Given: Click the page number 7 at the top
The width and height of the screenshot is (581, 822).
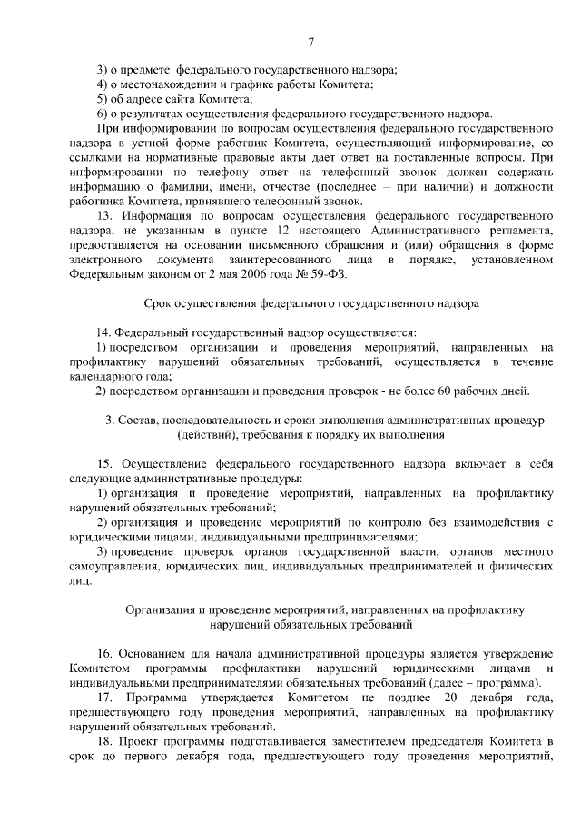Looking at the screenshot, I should pyautogui.click(x=310, y=41).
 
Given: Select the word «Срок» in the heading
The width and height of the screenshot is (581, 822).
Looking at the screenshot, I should pyautogui.click(x=159, y=303).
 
